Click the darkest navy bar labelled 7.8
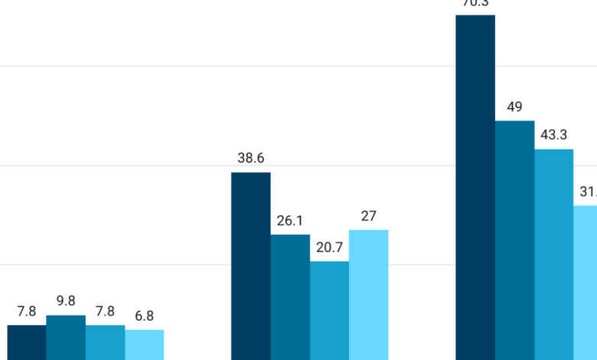click(x=27, y=342)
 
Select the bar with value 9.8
click(x=66, y=337)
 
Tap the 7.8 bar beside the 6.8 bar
click(x=105, y=342)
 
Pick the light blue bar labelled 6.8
click(x=145, y=345)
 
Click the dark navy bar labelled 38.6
click(x=251, y=266)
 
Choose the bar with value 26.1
click(x=290, y=297)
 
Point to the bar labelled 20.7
click(x=329, y=310)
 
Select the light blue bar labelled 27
click(x=369, y=295)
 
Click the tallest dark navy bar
click(x=475, y=187)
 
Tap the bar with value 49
click(x=514, y=240)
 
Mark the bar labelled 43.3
click(x=553, y=254)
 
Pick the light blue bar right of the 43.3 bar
click(x=586, y=283)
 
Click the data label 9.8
click(x=66, y=302)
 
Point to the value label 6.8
click(x=145, y=316)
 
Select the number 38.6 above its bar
click(x=251, y=159)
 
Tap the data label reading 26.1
click(x=290, y=221)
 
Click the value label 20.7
click(x=329, y=248)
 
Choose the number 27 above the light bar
click(x=369, y=216)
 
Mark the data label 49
click(x=514, y=107)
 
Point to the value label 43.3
click(x=553, y=136)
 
